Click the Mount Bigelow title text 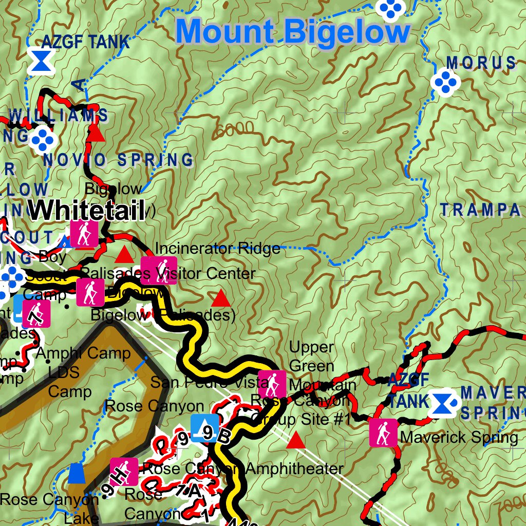(x=293, y=32)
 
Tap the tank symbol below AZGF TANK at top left (x=40, y=61)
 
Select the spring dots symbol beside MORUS (x=444, y=82)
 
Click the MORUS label (x=481, y=63)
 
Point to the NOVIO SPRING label (x=118, y=160)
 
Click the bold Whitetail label (x=86, y=210)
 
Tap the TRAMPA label (x=480, y=210)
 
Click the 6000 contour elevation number (x=235, y=129)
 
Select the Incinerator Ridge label (x=217, y=249)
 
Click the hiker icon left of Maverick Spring (x=383, y=433)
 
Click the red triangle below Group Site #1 (x=295, y=441)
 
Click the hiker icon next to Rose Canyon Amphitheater (x=124, y=472)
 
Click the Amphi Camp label (x=83, y=353)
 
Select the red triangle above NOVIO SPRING (x=96, y=133)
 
